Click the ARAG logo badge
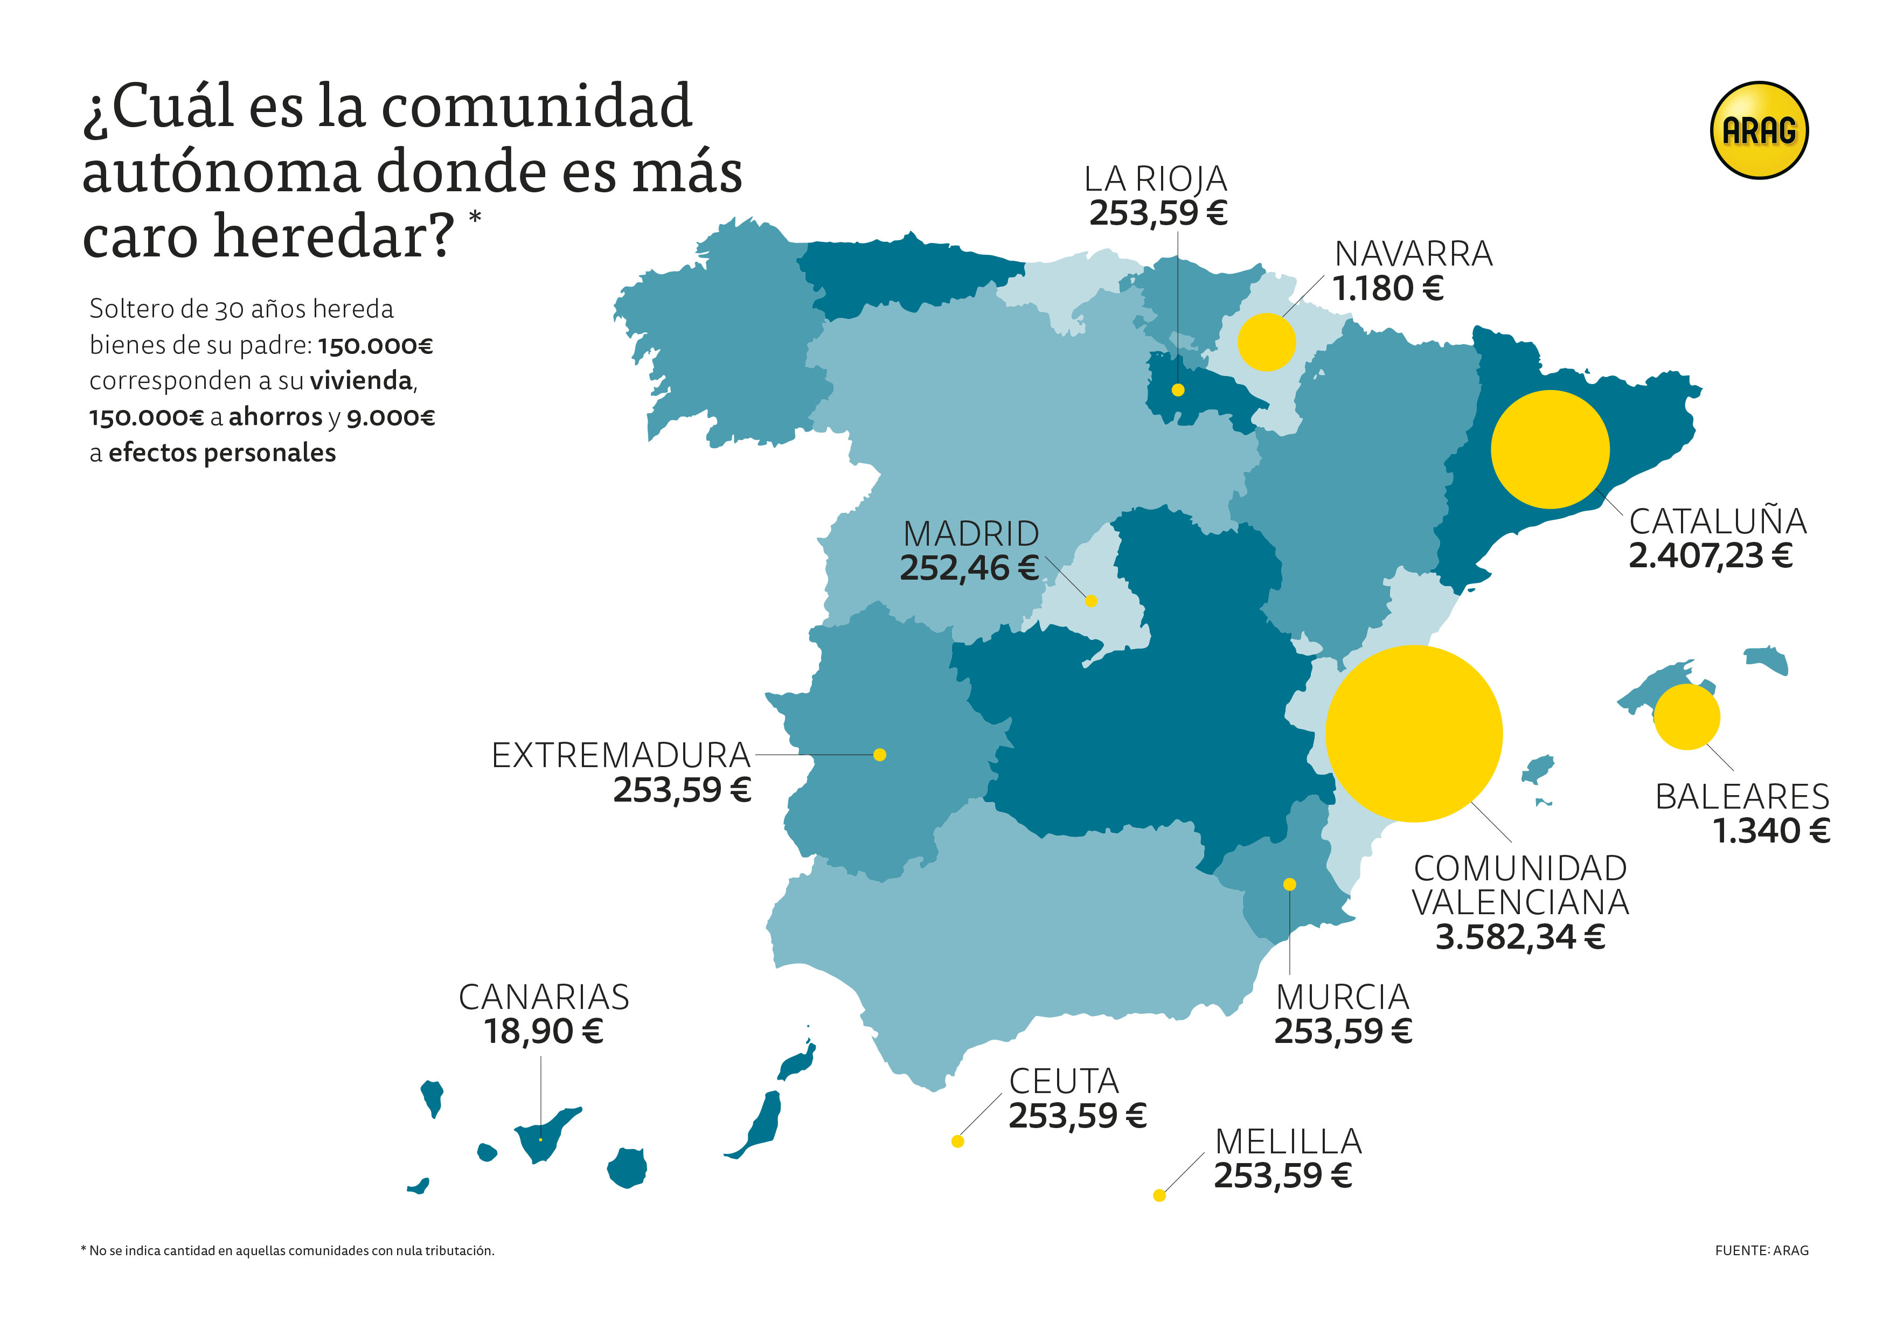[x=1759, y=130]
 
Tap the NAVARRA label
[x=1413, y=254]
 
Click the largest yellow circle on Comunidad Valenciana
[x=1413, y=733]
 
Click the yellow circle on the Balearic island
[x=1687, y=717]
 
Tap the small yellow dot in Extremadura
[x=879, y=755]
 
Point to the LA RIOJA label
[x=1155, y=179]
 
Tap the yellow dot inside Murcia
[x=1290, y=884]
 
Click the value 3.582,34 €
[x=1519, y=937]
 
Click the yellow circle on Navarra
[x=1266, y=342]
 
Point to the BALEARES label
[x=1742, y=797]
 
